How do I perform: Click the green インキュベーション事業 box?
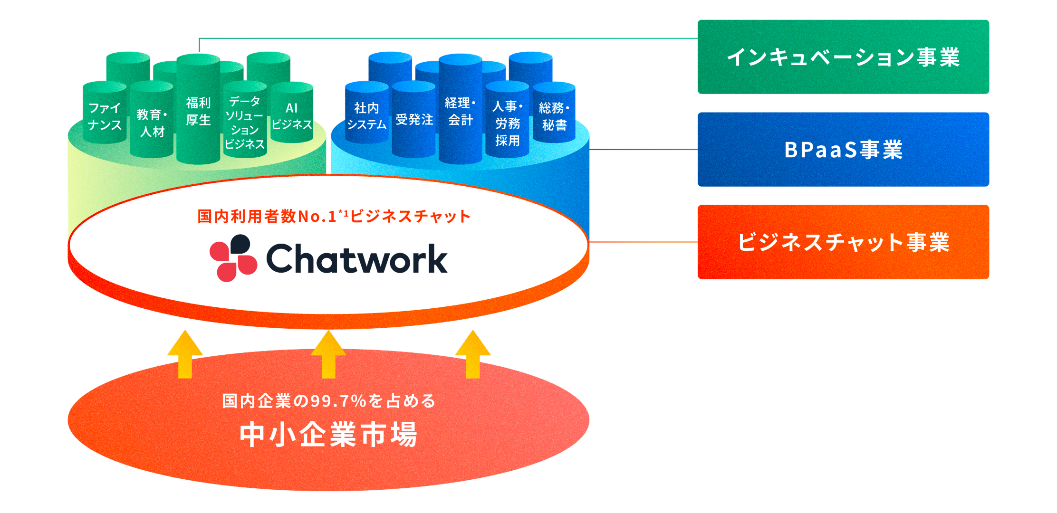(843, 57)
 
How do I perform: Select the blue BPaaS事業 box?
(843, 149)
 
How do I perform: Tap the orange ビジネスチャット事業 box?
(843, 242)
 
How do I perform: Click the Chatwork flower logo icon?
(233, 258)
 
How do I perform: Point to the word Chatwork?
(356, 259)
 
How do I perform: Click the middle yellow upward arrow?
(328, 354)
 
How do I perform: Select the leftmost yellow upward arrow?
(185, 354)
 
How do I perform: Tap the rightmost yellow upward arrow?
(472, 354)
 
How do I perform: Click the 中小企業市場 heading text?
(328, 434)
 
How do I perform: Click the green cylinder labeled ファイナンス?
(105, 116)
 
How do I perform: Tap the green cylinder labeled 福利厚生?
(198, 111)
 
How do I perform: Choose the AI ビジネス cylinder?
(291, 116)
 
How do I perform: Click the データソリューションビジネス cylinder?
(245, 123)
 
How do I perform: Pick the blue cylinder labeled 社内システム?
(366, 116)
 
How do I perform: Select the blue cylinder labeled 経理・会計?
(460, 111)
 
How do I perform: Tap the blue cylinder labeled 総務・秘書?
(554, 116)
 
